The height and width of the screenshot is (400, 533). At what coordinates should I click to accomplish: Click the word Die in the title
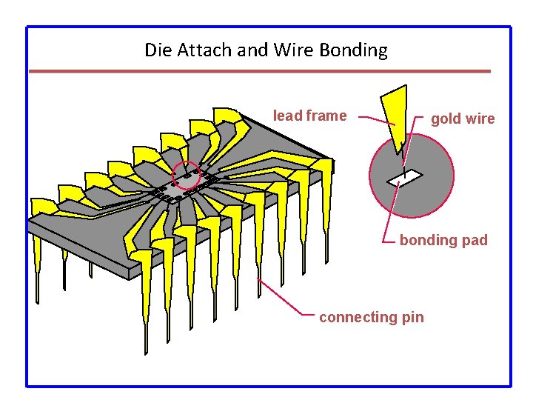[156, 50]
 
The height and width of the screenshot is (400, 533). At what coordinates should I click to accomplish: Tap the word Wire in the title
[294, 50]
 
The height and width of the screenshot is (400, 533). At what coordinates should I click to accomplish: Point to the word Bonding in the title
[353, 50]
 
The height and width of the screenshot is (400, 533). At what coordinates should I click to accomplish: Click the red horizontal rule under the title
[259, 71]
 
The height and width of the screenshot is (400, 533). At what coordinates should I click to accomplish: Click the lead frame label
[309, 116]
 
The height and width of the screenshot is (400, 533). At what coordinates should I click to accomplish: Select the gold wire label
[463, 119]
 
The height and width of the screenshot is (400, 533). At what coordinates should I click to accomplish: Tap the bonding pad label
[443, 240]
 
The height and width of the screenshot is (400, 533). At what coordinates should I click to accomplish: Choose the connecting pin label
[372, 317]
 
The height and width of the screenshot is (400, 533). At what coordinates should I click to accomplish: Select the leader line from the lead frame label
[378, 120]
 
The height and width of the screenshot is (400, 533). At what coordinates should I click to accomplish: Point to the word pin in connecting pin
[412, 317]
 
